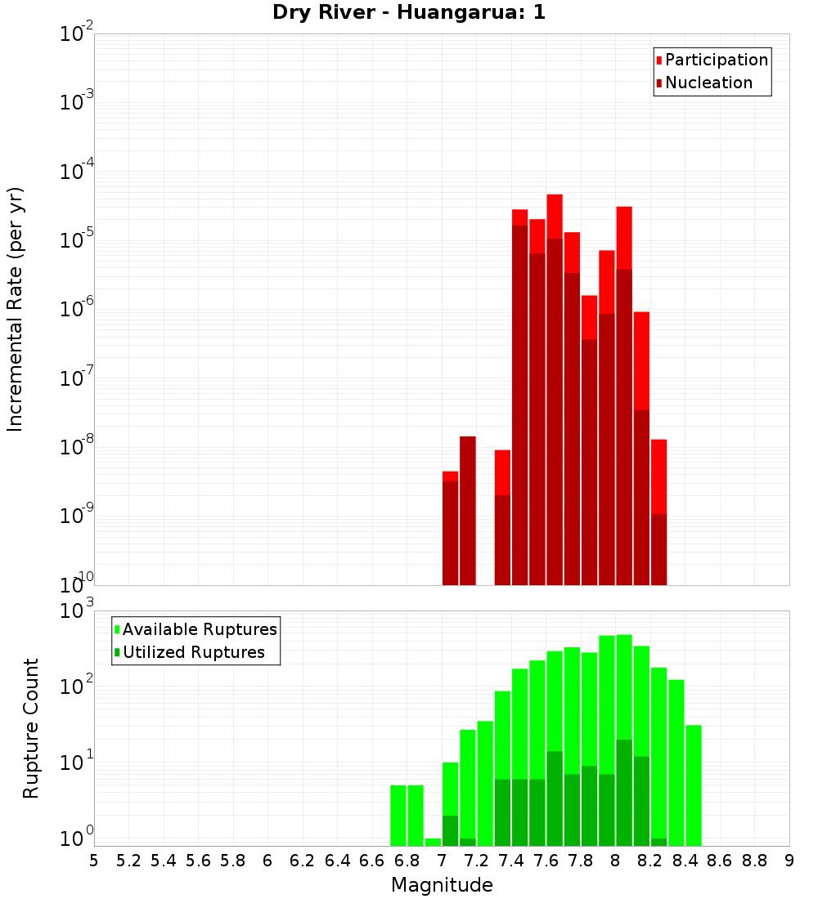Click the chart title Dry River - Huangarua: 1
[409, 12]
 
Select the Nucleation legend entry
[708, 83]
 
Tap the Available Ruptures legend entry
[199, 629]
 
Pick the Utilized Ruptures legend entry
[192, 652]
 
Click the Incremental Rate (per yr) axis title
[16, 309]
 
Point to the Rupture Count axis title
[31, 727]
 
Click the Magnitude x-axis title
[442, 885]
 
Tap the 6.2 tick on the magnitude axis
[302, 861]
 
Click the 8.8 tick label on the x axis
[754, 861]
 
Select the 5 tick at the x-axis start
[94, 861]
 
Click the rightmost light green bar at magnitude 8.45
[694, 785]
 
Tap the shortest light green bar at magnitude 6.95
[433, 842]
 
